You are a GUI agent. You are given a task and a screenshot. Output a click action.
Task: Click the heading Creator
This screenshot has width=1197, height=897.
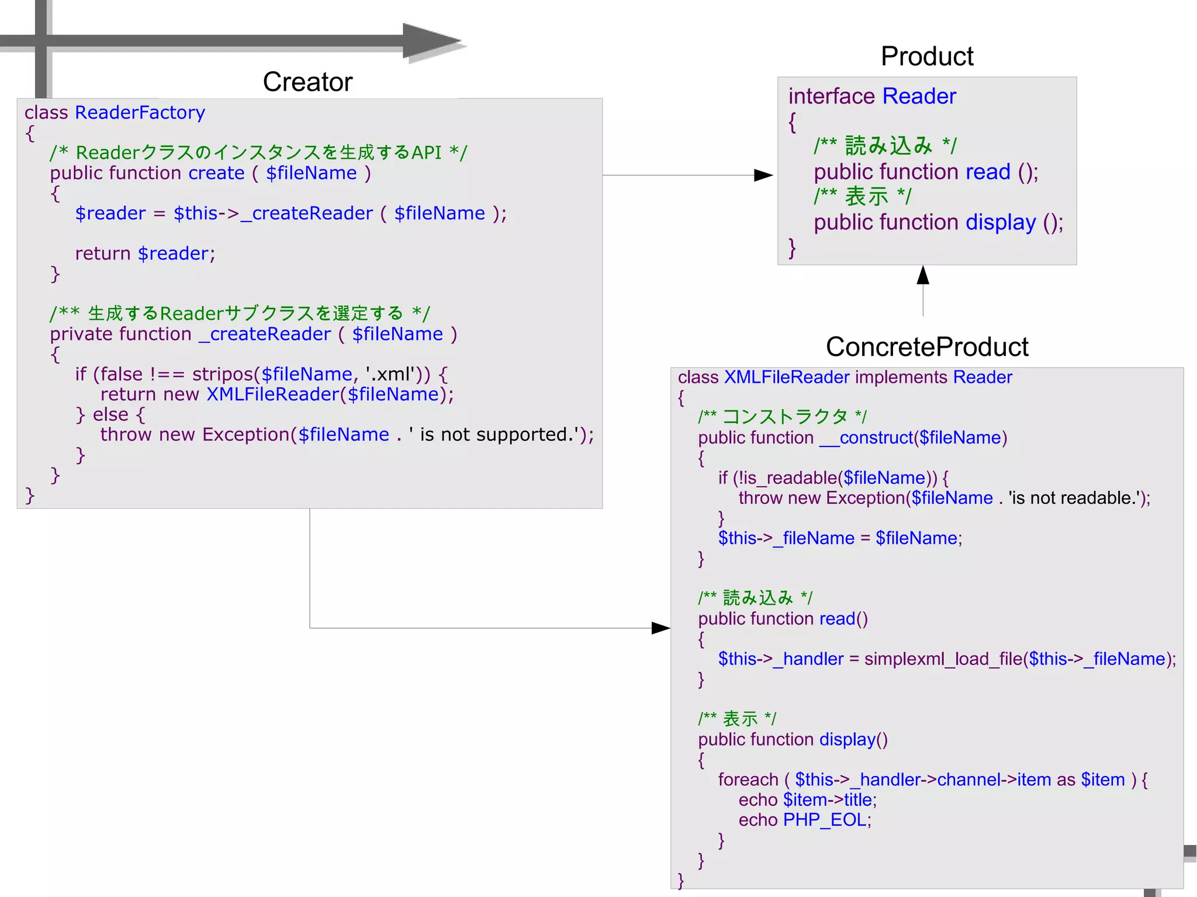[x=307, y=82]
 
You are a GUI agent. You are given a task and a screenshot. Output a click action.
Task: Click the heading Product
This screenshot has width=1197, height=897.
[x=926, y=57]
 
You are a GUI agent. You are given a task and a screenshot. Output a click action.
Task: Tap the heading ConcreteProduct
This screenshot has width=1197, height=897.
[x=926, y=347]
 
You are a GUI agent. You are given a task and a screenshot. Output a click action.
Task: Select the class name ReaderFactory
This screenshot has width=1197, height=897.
[x=140, y=112]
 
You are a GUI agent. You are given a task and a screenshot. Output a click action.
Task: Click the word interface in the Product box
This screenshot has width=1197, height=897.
[x=831, y=96]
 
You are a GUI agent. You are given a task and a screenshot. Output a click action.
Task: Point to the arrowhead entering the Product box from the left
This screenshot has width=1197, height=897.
[x=763, y=175]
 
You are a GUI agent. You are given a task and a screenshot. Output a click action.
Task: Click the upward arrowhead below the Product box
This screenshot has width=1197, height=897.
[x=923, y=275]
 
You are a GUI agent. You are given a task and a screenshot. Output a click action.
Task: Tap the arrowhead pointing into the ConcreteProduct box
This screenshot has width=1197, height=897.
[x=660, y=628]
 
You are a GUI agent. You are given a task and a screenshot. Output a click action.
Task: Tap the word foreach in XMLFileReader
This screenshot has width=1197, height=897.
[x=748, y=780]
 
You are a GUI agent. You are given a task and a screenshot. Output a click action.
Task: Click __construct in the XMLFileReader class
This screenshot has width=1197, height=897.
[x=866, y=438]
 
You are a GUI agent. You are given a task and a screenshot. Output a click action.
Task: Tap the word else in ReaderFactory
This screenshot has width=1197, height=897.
[x=110, y=414]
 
